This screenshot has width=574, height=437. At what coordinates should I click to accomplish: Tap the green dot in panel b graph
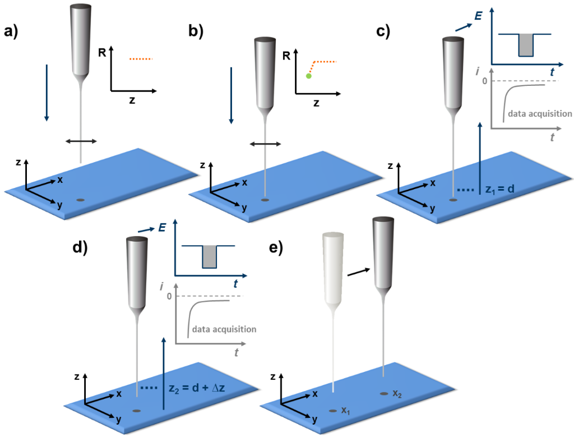tap(308, 76)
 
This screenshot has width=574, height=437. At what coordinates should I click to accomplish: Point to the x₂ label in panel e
tap(397, 393)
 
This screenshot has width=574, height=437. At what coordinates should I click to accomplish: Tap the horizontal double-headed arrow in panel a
tap(82, 141)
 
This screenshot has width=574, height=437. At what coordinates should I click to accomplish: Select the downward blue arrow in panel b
tap(230, 95)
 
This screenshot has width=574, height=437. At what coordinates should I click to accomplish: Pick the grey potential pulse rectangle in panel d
tap(209, 256)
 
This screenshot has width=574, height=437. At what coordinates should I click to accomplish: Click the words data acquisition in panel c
tap(539, 113)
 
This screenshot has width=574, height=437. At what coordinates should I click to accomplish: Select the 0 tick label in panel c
tap(484, 82)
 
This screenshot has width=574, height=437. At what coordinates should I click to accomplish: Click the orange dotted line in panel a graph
tap(140, 58)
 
